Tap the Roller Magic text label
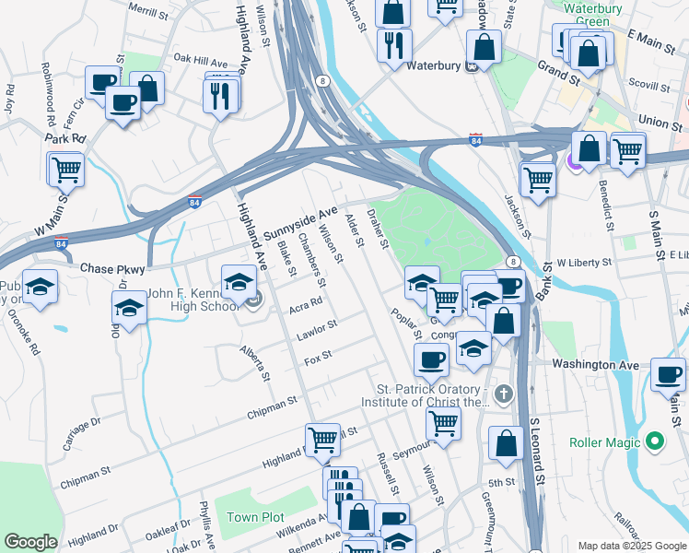pyautogui.click(x=604, y=442)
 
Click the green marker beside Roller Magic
pyautogui.click(x=655, y=442)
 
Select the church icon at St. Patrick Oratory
pyautogui.click(x=502, y=395)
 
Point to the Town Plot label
pyautogui.click(x=256, y=517)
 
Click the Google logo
pyautogui.click(x=31, y=542)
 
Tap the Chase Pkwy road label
pyautogui.click(x=109, y=268)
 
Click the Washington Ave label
pyautogui.click(x=595, y=365)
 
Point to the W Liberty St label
pyautogui.click(x=584, y=263)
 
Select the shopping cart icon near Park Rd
pyautogui.click(x=66, y=170)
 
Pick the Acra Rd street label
pyautogui.click(x=306, y=302)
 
